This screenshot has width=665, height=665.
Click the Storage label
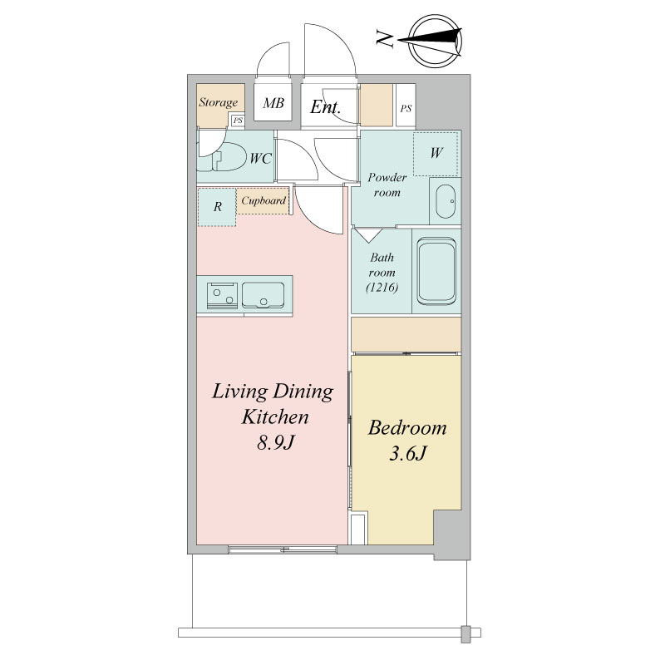coord(219,102)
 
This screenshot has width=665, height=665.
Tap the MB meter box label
coord(273,102)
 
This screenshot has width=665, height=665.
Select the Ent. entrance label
coord(325,107)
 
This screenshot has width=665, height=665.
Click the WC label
coord(260,158)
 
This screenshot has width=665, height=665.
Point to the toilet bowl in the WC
coord(227,156)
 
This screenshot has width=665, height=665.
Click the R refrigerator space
coord(217,206)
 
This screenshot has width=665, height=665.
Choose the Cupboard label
coord(264,200)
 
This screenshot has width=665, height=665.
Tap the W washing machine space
coord(436,153)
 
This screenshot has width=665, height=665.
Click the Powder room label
coord(387,185)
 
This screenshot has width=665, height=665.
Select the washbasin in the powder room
coord(446,201)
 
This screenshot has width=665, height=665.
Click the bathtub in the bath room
coord(436,272)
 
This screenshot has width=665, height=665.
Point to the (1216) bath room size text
coord(382,288)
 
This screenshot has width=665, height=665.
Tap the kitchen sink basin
coord(263,295)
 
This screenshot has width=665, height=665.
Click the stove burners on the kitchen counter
coord(222,296)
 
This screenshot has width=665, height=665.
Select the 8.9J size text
coord(276,443)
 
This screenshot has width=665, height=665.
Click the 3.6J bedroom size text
coord(407,454)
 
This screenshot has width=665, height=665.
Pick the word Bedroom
coord(407,427)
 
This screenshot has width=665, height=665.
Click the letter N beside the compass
coord(385,39)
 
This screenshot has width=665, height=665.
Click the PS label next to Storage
coord(238,121)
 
